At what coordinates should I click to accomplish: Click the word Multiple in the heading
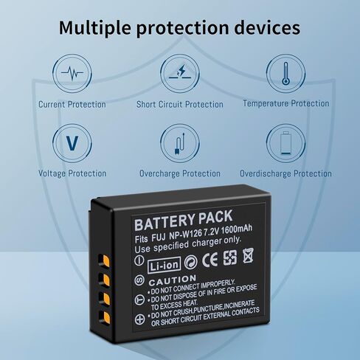pyautogui.click(x=95, y=27)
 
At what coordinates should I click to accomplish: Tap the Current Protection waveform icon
pyautogui.click(x=72, y=73)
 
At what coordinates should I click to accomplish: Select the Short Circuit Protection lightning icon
pyautogui.click(x=180, y=73)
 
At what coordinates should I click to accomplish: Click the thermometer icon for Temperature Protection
pyautogui.click(x=285, y=73)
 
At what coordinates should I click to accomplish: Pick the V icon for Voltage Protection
pyautogui.click(x=72, y=143)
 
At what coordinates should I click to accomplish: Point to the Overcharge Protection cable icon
pyautogui.click(x=180, y=143)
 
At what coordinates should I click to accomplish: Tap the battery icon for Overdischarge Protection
pyautogui.click(x=285, y=143)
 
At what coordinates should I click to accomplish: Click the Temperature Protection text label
pyautogui.click(x=286, y=103)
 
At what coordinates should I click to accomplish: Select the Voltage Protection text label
pyautogui.click(x=72, y=173)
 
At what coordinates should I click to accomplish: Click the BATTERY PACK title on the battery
pyautogui.click(x=184, y=220)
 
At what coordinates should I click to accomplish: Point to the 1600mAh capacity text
pyautogui.click(x=237, y=229)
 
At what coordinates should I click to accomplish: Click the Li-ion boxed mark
pyautogui.click(x=164, y=265)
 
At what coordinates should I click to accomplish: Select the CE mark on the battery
pyautogui.click(x=210, y=260)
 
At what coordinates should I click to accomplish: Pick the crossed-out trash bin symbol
pyautogui.click(x=248, y=256)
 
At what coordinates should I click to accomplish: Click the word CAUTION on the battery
pyautogui.click(x=173, y=280)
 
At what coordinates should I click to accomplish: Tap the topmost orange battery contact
pyautogui.click(x=105, y=260)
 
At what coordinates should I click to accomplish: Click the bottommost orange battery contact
pyautogui.click(x=105, y=317)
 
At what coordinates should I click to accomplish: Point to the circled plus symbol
pyautogui.click(x=139, y=319)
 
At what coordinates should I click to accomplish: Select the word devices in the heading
pyautogui.click(x=267, y=27)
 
